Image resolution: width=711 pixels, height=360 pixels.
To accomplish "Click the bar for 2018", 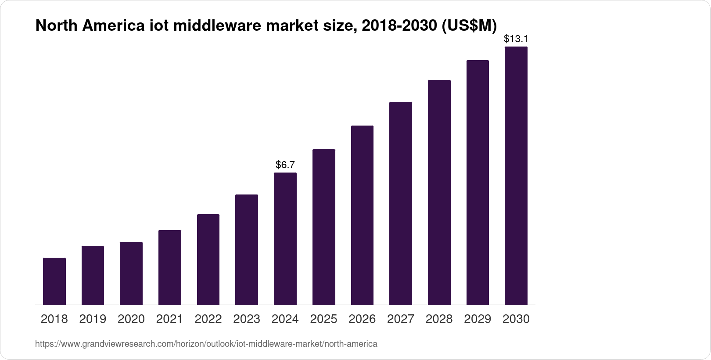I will (x=54, y=281).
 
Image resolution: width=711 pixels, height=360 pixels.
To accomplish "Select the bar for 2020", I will (x=131, y=273).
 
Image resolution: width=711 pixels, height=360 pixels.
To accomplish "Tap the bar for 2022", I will (x=208, y=259).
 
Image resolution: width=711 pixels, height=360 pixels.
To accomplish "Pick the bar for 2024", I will (x=285, y=238).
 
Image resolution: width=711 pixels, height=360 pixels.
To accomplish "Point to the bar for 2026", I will (x=362, y=215).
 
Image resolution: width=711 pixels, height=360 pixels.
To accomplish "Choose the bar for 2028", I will (x=439, y=192).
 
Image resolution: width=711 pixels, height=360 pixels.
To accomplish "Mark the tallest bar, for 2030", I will (x=516, y=176).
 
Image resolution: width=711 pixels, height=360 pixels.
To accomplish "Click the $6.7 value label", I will (x=285, y=165).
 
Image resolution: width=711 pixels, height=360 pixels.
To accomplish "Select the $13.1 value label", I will (x=516, y=39).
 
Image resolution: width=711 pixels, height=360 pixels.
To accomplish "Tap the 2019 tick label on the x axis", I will (x=93, y=319).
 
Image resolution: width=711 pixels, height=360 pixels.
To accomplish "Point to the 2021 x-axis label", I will (x=169, y=319).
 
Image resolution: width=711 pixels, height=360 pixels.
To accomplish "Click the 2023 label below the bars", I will (x=247, y=319).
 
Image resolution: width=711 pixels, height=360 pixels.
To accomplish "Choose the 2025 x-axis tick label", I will (x=323, y=319).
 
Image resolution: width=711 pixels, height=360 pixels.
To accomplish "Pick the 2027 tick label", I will (x=401, y=319).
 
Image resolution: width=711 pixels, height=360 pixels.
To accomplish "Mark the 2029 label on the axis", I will (x=478, y=319).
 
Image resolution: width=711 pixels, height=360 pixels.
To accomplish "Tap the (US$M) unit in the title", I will (x=469, y=26).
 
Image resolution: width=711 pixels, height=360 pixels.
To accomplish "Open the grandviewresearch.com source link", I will (x=206, y=344).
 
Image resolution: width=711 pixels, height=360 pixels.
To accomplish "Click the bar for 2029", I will (x=478, y=182).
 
